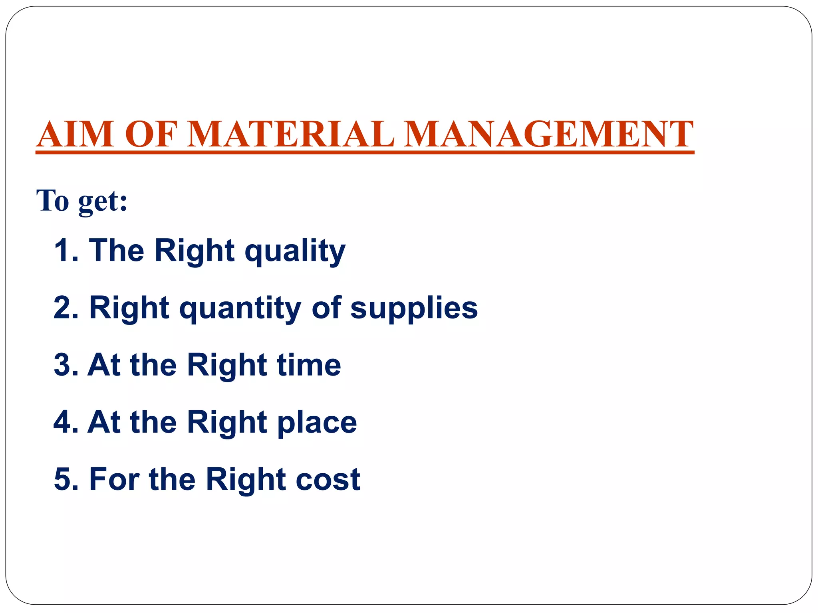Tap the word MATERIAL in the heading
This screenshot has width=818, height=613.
pos(291,134)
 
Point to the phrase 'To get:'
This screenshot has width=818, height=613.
pos(82,201)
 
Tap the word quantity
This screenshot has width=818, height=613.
pos(240,308)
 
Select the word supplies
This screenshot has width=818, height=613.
pos(414,308)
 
